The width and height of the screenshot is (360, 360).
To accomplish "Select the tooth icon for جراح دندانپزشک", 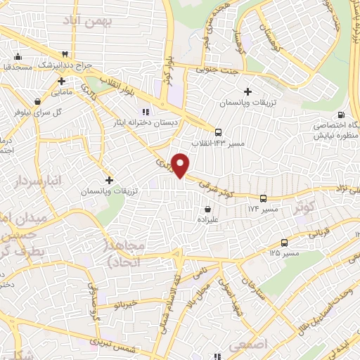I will [x=65, y=53].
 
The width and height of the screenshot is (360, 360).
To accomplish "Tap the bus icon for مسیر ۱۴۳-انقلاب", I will [x=218, y=132].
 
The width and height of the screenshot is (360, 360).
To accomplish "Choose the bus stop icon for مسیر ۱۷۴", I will [x=262, y=198].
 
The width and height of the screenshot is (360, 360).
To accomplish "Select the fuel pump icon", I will [x=341, y=115].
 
